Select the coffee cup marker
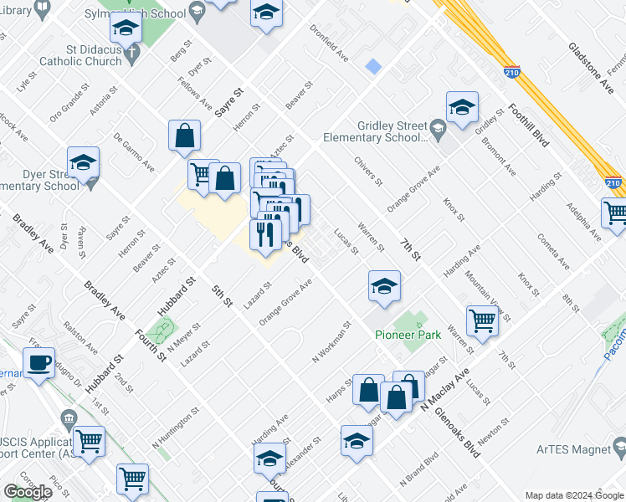tap(38, 362)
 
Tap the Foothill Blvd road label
tap(528, 126)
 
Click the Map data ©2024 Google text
tap(574, 495)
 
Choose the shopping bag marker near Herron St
tap(184, 135)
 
